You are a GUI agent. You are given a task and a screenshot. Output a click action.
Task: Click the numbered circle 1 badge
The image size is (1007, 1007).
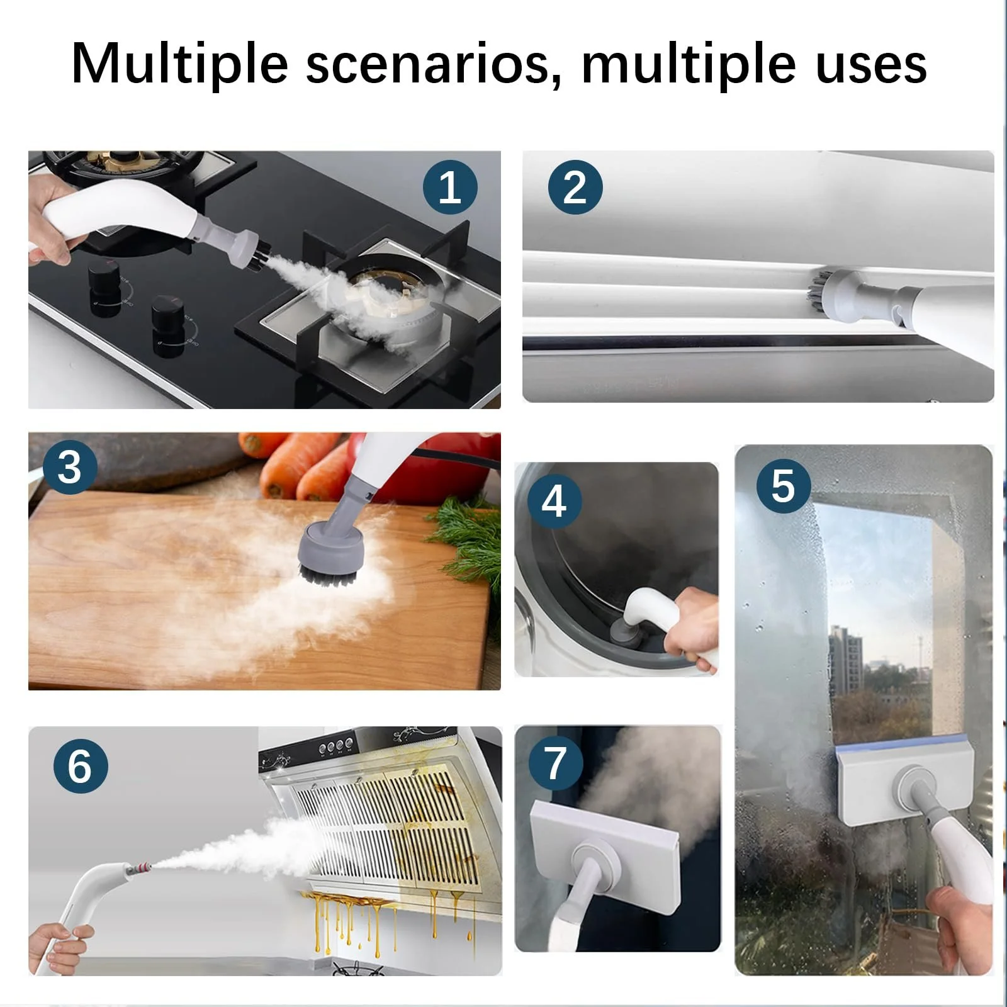tap(450, 187)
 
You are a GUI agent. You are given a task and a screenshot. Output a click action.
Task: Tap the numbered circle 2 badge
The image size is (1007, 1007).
tap(575, 187)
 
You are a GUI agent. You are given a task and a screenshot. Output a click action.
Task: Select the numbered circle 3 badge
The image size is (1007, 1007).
tap(69, 468)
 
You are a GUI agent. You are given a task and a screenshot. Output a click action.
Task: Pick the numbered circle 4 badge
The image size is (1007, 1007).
tap(554, 502)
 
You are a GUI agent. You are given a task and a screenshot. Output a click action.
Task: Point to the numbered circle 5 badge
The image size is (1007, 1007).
tap(783, 486)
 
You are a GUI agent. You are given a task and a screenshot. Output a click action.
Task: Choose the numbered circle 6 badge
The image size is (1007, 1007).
tap(81, 766)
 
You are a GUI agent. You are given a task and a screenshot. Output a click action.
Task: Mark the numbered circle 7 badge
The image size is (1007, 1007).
tap(555, 763)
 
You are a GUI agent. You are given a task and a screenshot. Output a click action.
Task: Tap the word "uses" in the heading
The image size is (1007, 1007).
tap(871, 64)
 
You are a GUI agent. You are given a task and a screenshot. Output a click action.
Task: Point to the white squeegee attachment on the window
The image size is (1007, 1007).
tap(904, 779)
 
